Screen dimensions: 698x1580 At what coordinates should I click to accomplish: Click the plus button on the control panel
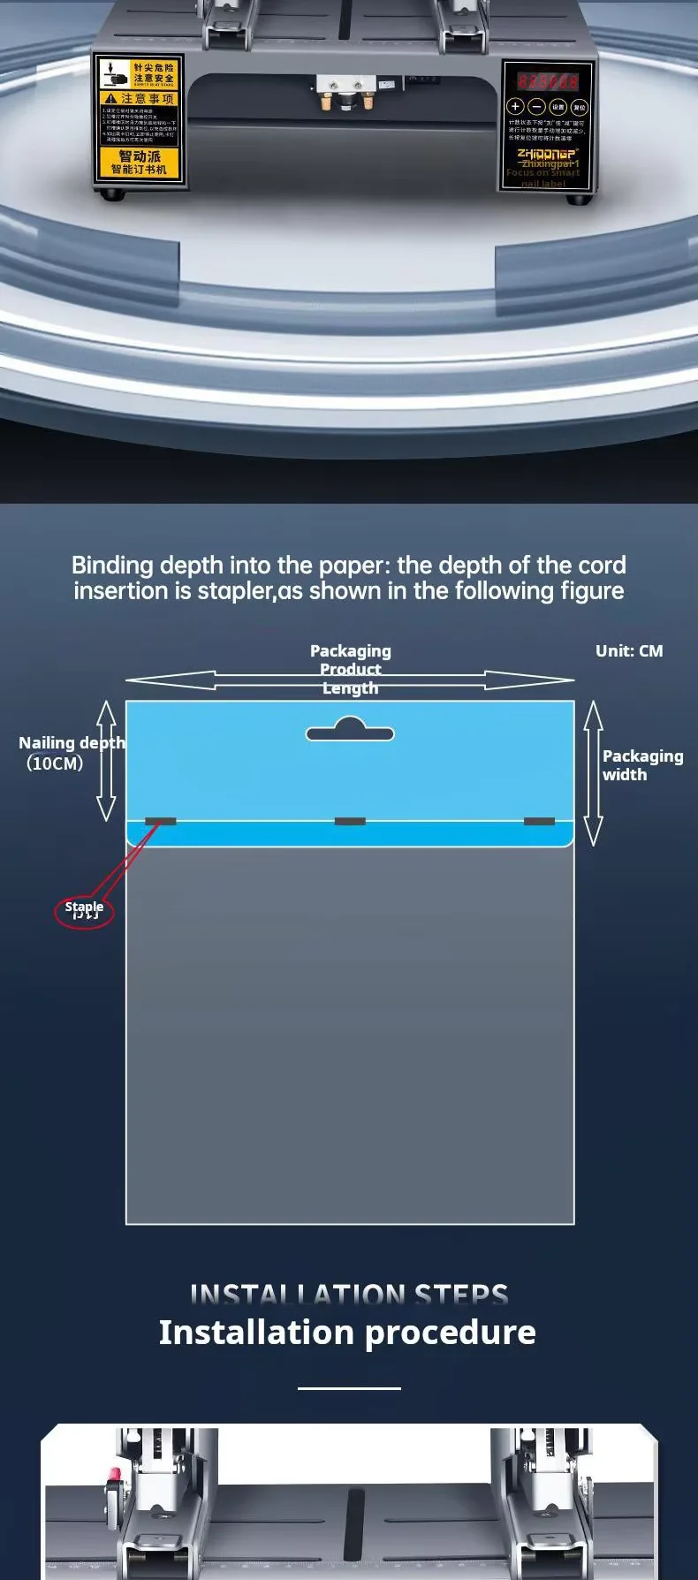(515, 107)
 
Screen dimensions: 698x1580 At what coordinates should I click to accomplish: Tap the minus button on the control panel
(537, 107)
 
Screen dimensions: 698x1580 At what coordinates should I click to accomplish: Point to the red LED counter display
(547, 81)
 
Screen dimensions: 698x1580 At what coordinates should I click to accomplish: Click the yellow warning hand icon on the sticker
(113, 73)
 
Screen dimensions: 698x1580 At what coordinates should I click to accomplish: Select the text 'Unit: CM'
(629, 651)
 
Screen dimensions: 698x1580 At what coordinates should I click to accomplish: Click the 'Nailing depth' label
(72, 742)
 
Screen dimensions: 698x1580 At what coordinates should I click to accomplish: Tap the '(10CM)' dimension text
(55, 763)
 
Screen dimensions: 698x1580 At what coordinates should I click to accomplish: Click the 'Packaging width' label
(642, 765)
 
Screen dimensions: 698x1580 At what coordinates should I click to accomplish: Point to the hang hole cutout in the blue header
(350, 731)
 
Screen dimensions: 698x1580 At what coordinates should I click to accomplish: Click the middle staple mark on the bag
(350, 821)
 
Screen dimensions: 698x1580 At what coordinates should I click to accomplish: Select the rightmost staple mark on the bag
(539, 821)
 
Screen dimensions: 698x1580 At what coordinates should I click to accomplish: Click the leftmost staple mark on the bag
(160, 821)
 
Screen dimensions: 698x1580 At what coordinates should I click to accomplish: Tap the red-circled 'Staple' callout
(84, 910)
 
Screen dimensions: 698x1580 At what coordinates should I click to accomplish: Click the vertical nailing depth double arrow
(106, 760)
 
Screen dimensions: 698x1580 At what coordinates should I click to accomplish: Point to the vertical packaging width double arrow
(593, 773)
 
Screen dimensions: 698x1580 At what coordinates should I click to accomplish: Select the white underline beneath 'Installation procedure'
(349, 1388)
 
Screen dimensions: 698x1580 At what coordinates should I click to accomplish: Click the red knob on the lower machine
(113, 1474)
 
